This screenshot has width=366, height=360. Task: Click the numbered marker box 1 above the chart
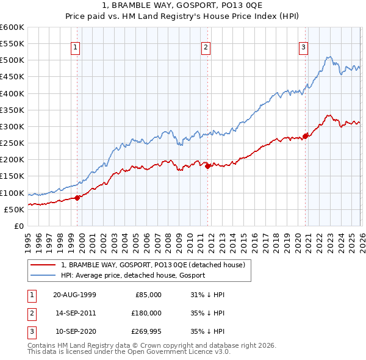pyautogui.click(x=75, y=47)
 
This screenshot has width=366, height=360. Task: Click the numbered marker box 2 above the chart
pyautogui.click(x=206, y=47)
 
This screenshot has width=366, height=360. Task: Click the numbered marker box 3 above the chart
pyautogui.click(x=303, y=47)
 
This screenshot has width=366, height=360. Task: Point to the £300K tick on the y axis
pyautogui.click(x=12, y=126)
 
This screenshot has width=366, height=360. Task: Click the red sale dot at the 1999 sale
pyautogui.click(x=77, y=198)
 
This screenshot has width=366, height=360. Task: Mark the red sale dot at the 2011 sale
pyautogui.click(x=208, y=166)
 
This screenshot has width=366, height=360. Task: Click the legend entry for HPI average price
pyautogui.click(x=133, y=275)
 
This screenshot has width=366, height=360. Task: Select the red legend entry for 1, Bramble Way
pyautogui.click(x=152, y=265)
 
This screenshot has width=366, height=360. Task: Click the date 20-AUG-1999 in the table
pyautogui.click(x=74, y=294)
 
